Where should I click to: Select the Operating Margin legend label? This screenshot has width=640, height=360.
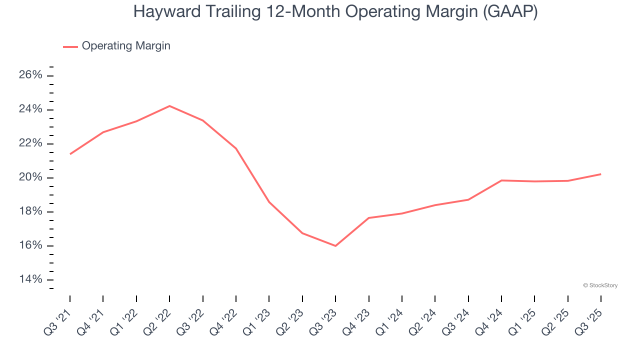coord(126,46)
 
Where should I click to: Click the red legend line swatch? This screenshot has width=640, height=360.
coord(70,46)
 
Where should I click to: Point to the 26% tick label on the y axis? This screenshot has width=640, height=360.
coord(30,75)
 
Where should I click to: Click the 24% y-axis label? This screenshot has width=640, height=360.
coord(30,109)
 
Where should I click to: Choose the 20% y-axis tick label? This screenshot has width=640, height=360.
coord(30,177)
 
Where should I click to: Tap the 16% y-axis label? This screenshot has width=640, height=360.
coord(30,245)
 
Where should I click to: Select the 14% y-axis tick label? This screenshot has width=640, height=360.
coord(30,279)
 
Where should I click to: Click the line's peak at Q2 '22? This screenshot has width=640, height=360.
coord(169,106)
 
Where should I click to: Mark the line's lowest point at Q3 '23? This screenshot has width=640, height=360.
coord(335,246)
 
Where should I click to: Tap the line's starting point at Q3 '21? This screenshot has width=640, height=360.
coord(70,154)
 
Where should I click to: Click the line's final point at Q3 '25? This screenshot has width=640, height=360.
coord(600,174)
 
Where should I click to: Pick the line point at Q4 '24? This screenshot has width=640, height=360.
coord(501,180)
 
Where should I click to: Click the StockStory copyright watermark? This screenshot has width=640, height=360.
coord(600,285)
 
